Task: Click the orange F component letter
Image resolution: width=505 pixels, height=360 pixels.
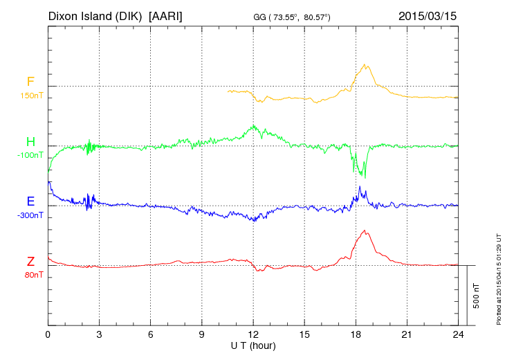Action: point(30,82)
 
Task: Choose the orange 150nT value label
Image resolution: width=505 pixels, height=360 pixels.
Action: point(31,95)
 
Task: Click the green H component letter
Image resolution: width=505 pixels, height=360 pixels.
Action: point(30,142)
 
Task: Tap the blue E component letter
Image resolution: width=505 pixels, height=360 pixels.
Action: point(30,201)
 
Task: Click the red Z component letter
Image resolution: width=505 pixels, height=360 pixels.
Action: point(30,261)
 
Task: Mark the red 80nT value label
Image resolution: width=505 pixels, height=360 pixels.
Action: point(32,275)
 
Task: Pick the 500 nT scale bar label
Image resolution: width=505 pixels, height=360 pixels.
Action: point(477,295)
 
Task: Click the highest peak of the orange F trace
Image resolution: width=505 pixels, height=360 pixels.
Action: point(365,64)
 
